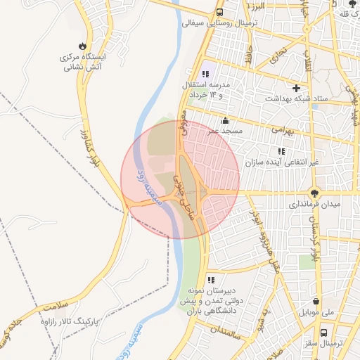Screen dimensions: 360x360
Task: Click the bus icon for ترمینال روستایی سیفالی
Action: [x=220, y=13]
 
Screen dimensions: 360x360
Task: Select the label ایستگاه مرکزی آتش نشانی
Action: [x=84, y=62]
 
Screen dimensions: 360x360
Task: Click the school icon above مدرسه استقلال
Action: [x=205, y=74]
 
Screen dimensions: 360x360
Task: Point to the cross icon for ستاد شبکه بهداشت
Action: [x=297, y=89]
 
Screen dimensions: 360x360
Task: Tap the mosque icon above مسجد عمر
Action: [x=225, y=120]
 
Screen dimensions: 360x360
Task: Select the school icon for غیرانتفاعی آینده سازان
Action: [x=281, y=152]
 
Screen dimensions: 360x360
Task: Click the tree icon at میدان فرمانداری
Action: [x=314, y=193]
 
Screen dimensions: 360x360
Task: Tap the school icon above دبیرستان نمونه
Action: [x=211, y=280]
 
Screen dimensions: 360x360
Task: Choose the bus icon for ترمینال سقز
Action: [x=323, y=333]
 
